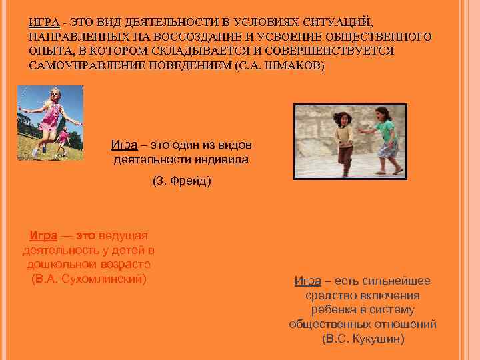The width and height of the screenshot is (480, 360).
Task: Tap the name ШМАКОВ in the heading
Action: coord(291,65)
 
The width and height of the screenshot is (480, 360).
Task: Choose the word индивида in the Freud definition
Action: coord(219,159)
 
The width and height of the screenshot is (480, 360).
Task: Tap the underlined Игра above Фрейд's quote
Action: coord(125,145)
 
